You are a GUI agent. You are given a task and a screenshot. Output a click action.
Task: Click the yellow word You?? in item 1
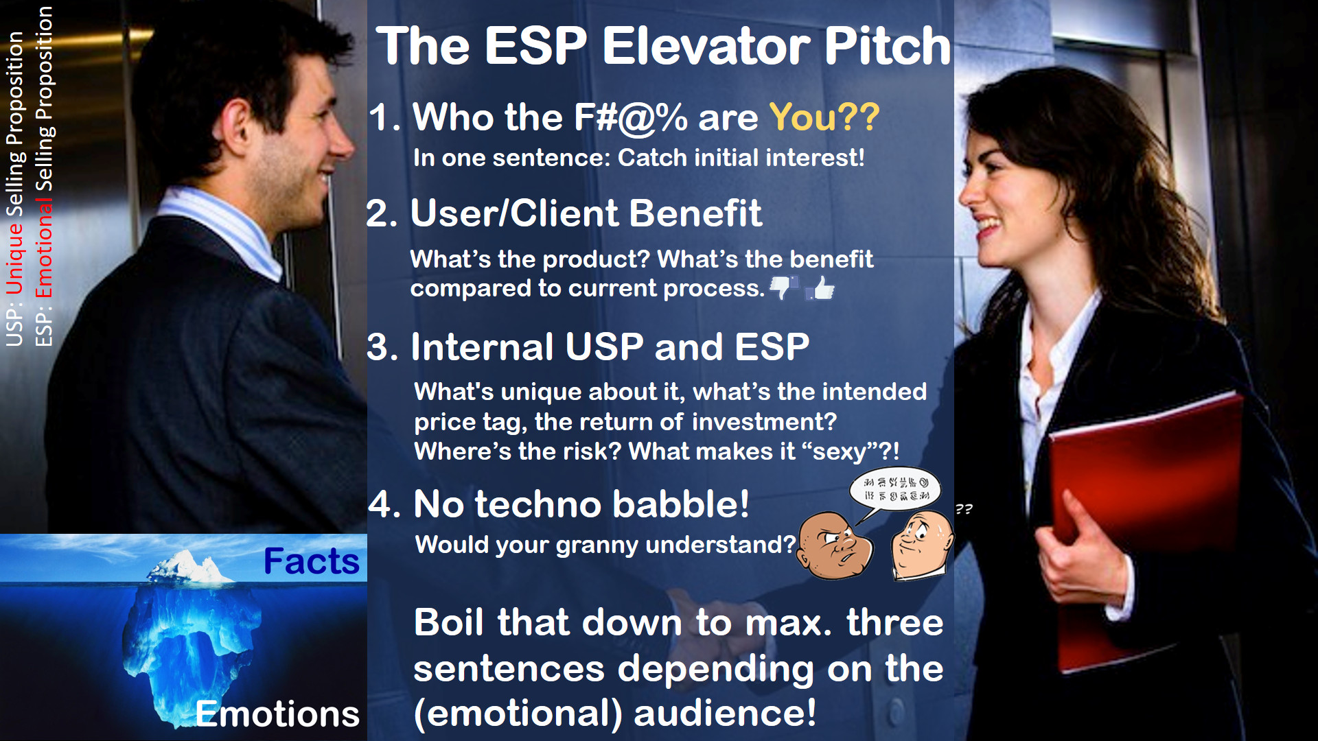824,117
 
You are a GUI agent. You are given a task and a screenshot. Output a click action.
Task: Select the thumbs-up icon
820,288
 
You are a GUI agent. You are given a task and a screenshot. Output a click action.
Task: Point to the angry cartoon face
834,545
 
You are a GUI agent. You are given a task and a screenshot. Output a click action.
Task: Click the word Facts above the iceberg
311,561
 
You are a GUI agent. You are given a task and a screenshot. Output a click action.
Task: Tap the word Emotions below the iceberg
277,714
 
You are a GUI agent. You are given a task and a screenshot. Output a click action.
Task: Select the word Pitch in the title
887,46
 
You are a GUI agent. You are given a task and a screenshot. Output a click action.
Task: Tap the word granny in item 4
597,545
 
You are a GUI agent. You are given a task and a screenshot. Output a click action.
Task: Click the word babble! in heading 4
680,504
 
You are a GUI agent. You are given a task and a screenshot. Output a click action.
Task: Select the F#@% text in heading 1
630,117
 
